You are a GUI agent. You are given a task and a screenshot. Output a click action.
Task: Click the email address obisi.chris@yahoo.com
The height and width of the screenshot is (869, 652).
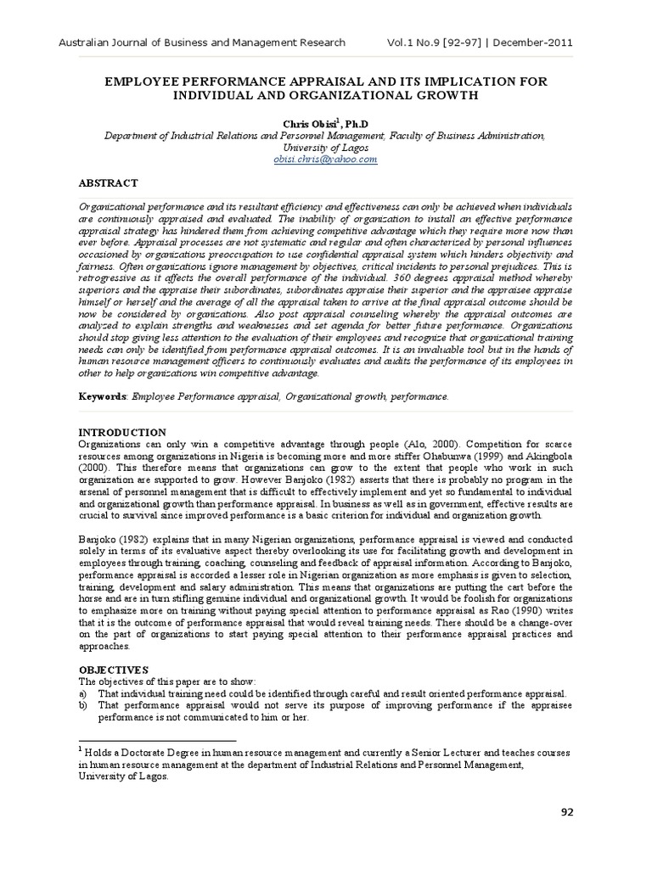[325, 159]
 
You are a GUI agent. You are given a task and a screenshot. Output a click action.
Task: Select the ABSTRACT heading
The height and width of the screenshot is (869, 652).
[108, 182]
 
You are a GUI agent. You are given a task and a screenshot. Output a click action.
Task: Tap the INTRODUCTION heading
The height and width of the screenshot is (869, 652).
[122, 432]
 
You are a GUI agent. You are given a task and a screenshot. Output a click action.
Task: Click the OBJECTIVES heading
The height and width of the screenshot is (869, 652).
[114, 670]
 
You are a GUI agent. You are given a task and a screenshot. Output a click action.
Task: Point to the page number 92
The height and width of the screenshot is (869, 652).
[567, 811]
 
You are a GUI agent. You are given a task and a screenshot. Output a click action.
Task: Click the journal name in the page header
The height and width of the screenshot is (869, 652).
[200, 42]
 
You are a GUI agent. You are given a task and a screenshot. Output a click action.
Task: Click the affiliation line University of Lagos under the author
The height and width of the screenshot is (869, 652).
[325, 147]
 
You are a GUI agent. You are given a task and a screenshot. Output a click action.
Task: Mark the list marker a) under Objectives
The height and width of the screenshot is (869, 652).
[83, 693]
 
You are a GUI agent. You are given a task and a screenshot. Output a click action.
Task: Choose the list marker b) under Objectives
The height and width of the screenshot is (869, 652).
[83, 704]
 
